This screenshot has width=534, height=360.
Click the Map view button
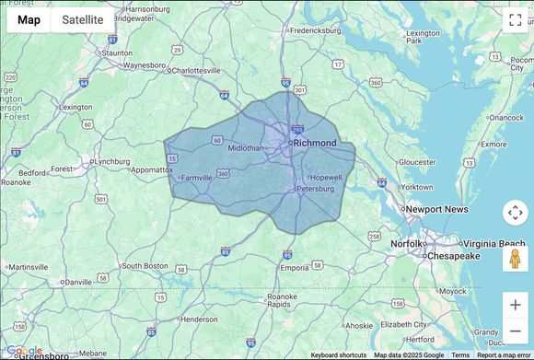(x=29, y=19)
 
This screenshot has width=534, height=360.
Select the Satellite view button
(x=83, y=19)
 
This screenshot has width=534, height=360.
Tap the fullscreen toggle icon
(x=515, y=19)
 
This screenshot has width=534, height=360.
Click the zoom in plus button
(x=515, y=305)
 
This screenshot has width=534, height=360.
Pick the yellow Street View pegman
(x=515, y=258)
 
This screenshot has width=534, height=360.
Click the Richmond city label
(x=315, y=143)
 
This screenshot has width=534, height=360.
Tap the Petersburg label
(x=314, y=190)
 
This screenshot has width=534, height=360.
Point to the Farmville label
(x=197, y=178)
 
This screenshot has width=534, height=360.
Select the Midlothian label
(x=245, y=147)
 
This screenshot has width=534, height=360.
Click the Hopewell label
(x=327, y=178)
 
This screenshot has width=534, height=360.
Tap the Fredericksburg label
(x=315, y=29)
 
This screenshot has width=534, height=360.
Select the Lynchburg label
(x=112, y=161)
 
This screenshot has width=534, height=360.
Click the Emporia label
(x=295, y=268)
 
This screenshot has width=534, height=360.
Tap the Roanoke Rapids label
(x=283, y=300)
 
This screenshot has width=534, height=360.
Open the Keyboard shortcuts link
(x=338, y=355)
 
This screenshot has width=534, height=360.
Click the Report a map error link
(x=504, y=355)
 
